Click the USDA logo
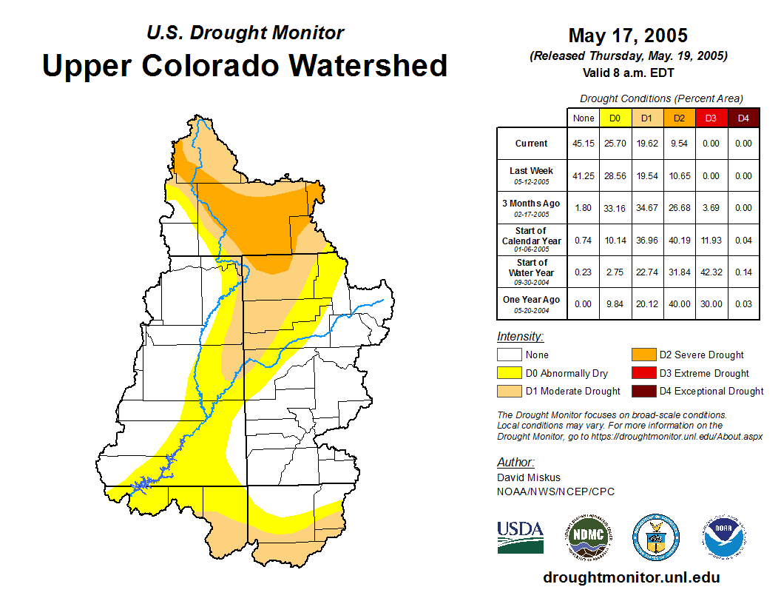(x=520, y=537)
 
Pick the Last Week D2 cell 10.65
(x=679, y=176)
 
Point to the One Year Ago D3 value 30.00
(x=711, y=304)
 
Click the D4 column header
(x=743, y=118)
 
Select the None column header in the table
(x=584, y=118)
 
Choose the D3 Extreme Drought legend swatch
(x=643, y=373)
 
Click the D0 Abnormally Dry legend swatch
(x=509, y=373)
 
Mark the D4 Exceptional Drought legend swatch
(x=643, y=391)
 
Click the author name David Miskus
(x=529, y=477)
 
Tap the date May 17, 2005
(x=628, y=36)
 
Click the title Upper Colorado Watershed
(x=245, y=66)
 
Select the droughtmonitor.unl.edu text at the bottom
(x=631, y=577)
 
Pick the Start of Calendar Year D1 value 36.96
(x=647, y=241)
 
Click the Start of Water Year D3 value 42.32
(x=711, y=272)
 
